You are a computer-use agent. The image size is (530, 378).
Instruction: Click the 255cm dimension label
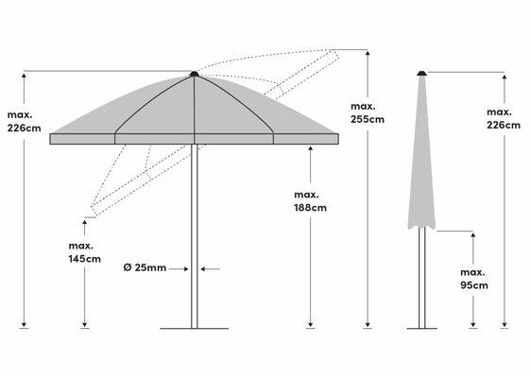(368, 112)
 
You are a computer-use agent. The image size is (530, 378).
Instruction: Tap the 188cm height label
(310, 201)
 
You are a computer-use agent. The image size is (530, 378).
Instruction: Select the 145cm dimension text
(84, 252)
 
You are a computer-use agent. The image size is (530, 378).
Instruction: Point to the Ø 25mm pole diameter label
(145, 267)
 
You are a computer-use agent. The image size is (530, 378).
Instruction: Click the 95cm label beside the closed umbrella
(474, 279)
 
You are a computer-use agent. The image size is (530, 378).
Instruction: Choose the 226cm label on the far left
(24, 121)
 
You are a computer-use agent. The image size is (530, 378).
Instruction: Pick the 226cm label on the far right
(504, 119)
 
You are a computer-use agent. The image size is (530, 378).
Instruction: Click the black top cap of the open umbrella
(194, 74)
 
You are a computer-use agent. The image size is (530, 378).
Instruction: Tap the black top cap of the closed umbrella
(421, 73)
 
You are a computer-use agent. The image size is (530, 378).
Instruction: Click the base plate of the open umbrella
(195, 328)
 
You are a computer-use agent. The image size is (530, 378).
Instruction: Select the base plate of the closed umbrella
(422, 328)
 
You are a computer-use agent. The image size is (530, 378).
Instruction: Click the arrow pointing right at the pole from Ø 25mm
(179, 269)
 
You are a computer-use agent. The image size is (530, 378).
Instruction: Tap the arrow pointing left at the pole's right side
(211, 269)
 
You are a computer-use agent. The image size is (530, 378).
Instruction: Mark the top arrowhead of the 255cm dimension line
(368, 53)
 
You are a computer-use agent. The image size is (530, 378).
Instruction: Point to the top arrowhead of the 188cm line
(310, 148)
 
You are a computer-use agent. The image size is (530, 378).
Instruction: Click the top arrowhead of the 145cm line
(84, 222)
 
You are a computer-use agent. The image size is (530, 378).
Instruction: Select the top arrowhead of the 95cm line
(473, 235)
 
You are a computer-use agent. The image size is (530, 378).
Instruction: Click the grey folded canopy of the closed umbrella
(421, 152)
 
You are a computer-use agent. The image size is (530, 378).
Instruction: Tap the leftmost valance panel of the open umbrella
(82, 139)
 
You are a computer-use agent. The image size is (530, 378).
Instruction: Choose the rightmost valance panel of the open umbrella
(306, 139)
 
